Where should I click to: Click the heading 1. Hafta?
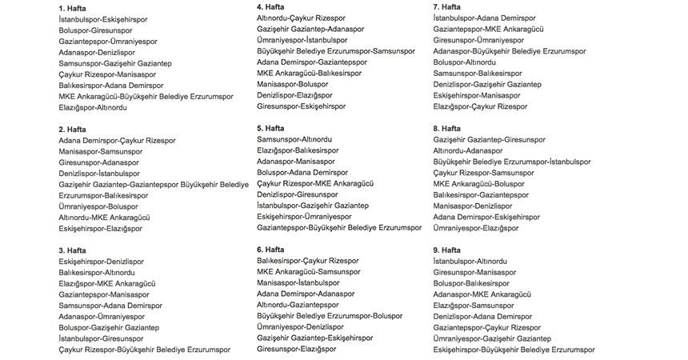point(73,7)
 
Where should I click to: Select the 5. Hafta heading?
point(271,128)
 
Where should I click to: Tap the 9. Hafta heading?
point(446,250)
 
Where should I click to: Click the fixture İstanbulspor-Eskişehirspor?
point(103,18)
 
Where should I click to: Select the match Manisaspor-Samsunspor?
point(100,151)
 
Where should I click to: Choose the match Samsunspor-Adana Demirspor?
point(110,306)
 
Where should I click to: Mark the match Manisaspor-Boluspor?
point(293,83)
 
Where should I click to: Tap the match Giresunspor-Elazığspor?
point(296,349)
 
